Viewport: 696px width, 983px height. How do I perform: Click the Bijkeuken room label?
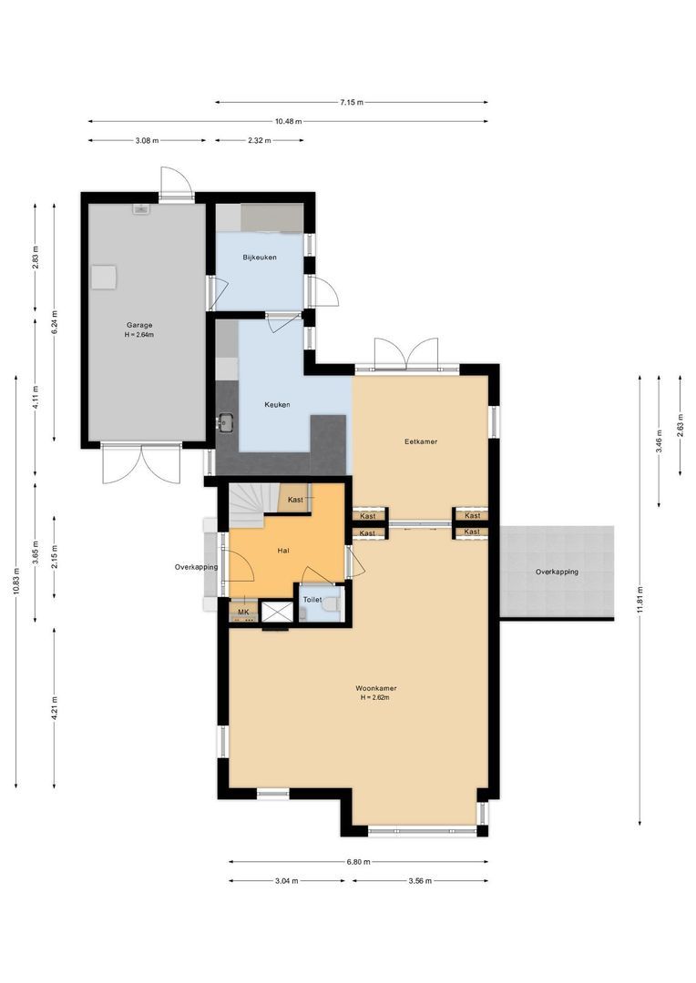point(260,258)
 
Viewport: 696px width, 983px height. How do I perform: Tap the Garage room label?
point(139,325)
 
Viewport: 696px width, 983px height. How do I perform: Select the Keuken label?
point(277,405)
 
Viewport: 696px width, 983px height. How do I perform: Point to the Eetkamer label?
point(421,441)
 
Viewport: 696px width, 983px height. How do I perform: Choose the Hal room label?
point(283,551)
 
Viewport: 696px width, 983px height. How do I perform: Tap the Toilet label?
point(312,600)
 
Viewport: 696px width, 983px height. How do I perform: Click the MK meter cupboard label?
point(242,613)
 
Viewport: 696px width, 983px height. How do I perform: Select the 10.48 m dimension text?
point(288,121)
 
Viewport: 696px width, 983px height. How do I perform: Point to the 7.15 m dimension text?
point(351,103)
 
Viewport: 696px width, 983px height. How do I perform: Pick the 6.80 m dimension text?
point(358,861)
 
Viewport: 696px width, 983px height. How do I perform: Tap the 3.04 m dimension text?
point(286,881)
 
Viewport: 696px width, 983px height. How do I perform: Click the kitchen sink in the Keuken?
point(225,422)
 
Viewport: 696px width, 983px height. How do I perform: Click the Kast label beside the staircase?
point(295,500)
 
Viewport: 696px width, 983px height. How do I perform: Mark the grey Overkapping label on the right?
point(557,572)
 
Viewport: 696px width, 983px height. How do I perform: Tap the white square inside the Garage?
point(107,275)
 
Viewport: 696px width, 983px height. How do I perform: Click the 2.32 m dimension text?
point(259,140)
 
